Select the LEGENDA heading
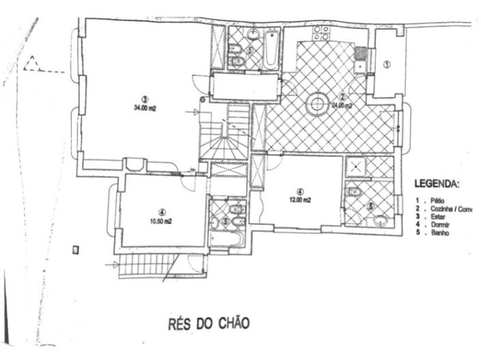pyautogui.click(x=437, y=184)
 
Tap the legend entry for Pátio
pyautogui.click(x=435, y=202)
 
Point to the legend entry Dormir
pyautogui.click(x=437, y=226)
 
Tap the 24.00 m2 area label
pyautogui.click(x=342, y=106)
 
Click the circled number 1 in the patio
pyautogui.click(x=386, y=65)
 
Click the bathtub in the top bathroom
pyautogui.click(x=271, y=48)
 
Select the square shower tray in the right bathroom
pyautogui.click(x=356, y=168)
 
